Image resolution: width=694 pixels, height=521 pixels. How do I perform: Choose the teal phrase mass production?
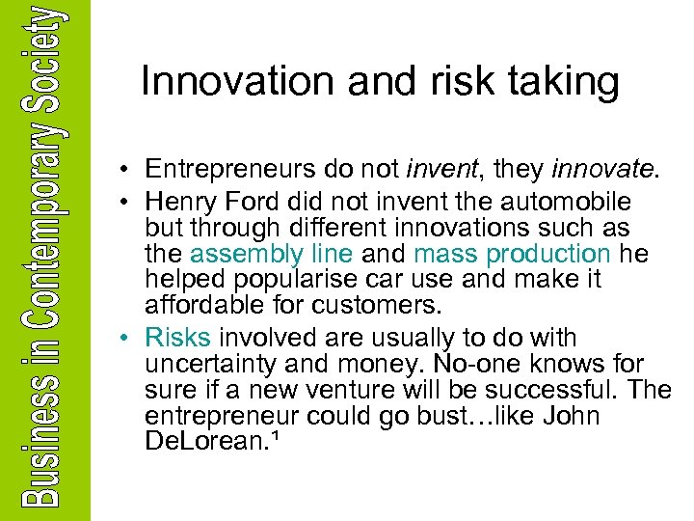coord(512,255)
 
